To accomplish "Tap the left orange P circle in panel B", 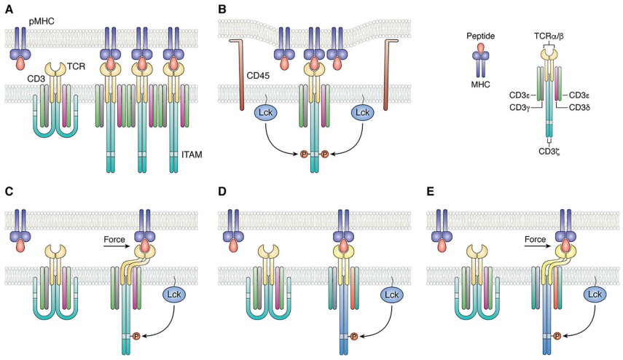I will [305, 154].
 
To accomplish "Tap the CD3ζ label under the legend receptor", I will [552, 151].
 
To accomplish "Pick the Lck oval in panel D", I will [391, 294].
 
